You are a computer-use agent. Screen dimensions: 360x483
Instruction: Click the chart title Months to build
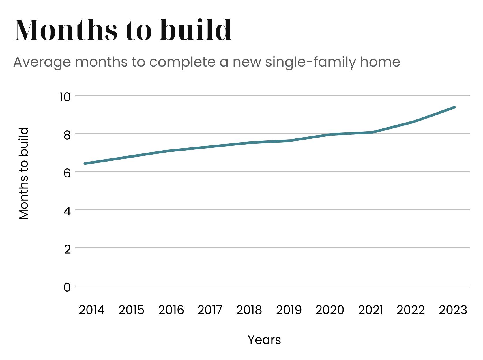123,30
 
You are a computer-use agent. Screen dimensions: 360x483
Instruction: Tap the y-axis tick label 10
65,97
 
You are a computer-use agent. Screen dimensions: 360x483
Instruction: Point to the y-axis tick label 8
67,135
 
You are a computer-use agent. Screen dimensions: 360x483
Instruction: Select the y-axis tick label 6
67,173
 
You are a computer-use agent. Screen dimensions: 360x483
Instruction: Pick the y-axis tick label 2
67,249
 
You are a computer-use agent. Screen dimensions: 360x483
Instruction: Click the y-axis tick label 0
67,287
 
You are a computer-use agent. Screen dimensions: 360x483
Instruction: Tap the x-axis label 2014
91,310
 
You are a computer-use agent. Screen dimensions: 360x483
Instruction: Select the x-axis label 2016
171,310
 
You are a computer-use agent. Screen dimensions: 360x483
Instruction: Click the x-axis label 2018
249,310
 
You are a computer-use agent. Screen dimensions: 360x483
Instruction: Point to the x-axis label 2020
330,310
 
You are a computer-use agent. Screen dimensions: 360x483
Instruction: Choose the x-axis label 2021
370,310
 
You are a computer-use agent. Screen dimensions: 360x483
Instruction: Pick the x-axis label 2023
453,310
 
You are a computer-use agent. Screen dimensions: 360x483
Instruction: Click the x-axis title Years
264,340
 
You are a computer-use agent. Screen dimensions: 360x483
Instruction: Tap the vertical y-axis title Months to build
24,173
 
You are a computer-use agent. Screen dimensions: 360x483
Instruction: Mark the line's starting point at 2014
85,164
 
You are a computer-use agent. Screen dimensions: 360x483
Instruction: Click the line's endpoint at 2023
454,107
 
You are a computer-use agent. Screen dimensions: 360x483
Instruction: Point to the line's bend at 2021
372,132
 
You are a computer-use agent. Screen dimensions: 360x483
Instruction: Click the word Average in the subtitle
42,62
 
